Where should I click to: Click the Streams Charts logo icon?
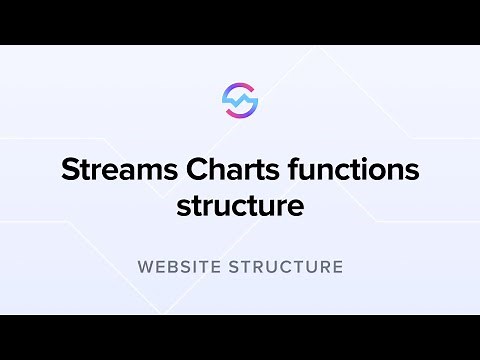pos(240,101)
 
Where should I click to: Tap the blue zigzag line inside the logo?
pos(240,101)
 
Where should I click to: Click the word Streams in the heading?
pos(119,170)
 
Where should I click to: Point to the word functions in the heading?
pos(351,170)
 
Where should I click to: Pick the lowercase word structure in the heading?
pos(240,207)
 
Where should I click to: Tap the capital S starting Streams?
pos(70,170)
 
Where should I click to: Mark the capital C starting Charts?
pos(197,170)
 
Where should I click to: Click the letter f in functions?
pos(290,169)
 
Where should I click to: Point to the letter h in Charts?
pos(217,169)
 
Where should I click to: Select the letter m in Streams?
pos(149,172)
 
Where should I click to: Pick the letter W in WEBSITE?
pos(145,268)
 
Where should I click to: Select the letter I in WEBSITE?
pos(199,268)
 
